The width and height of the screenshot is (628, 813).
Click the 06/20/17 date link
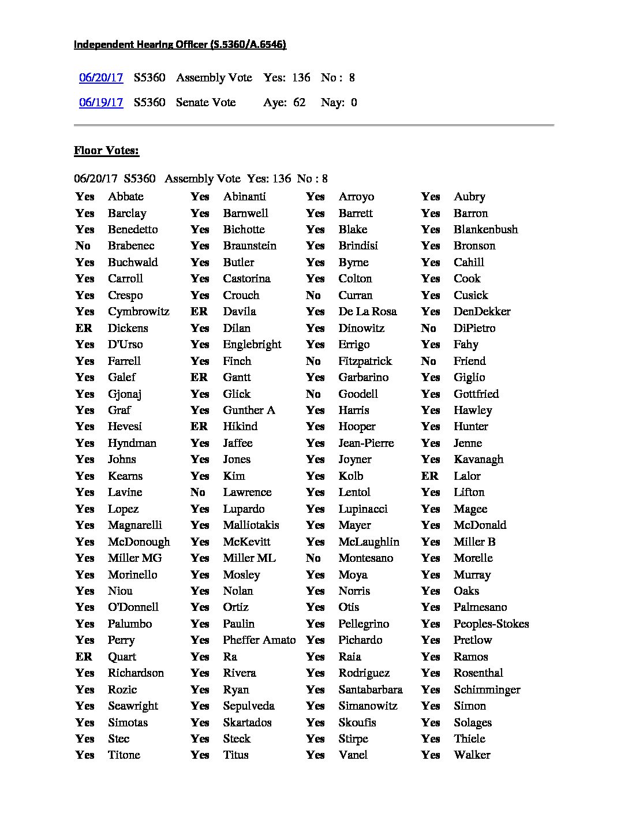coord(101,77)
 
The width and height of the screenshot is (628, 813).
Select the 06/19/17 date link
coord(101,102)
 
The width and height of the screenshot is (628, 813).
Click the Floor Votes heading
coord(106,151)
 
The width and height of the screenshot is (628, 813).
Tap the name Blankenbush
coord(485,229)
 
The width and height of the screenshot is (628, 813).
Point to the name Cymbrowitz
coord(139,311)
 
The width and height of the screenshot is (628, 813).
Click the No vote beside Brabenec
coord(83,245)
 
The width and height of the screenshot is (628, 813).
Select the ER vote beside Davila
coord(199,311)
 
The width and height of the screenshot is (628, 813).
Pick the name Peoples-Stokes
coord(491,624)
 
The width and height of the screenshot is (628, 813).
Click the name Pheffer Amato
coord(259,640)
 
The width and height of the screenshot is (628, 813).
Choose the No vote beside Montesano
coord(313,558)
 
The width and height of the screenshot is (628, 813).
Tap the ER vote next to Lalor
coord(429,476)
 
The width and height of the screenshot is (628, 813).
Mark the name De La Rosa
coord(367,311)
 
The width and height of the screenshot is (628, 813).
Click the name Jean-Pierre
coord(366,443)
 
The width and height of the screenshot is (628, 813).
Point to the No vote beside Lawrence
coord(198,492)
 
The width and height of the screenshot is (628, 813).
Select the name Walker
coord(472,755)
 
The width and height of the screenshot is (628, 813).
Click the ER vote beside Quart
coord(84,657)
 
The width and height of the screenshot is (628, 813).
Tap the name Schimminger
coord(487,689)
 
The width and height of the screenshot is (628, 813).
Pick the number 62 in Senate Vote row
coord(299,102)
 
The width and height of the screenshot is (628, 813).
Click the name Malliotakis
coord(251,525)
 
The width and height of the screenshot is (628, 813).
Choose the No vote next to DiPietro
coord(428,328)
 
